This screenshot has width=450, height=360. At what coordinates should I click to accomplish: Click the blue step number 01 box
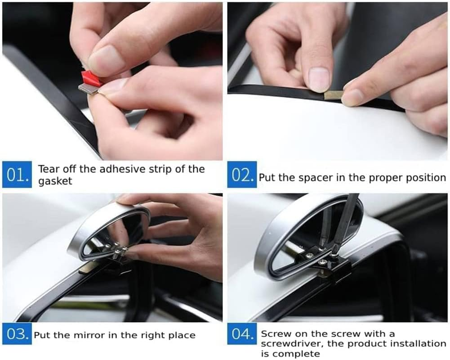pos(17,175)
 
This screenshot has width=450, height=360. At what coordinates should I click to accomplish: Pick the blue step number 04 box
pos(242,334)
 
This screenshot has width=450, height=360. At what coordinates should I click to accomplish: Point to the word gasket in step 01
pos(55,181)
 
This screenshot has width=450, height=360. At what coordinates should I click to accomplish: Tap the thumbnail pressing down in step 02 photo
pos(319,79)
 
